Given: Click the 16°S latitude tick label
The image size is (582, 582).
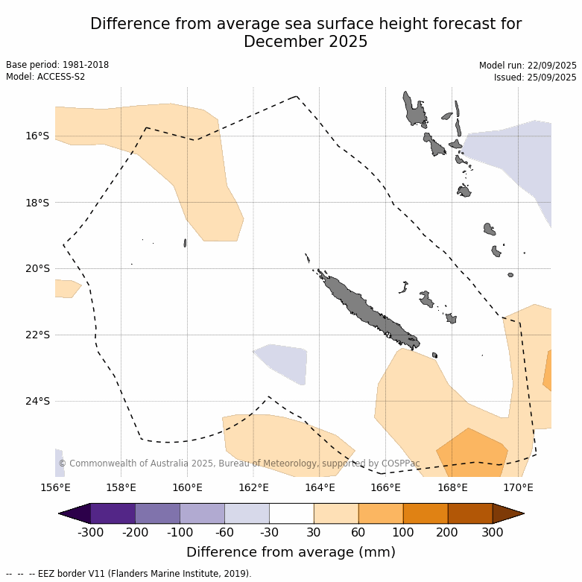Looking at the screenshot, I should pyautogui.click(x=37, y=136).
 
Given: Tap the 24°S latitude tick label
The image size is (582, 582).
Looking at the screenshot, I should pyautogui.click(x=37, y=401).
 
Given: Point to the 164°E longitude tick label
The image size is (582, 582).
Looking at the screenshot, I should pyautogui.click(x=320, y=488).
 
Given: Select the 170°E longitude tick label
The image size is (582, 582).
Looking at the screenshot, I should pyautogui.click(x=518, y=488).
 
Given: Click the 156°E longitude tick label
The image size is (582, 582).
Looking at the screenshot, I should pyautogui.click(x=55, y=488).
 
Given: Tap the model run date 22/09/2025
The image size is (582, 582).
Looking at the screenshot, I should pyautogui.click(x=550, y=66).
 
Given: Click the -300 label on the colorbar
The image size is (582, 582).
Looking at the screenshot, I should pyautogui.click(x=90, y=532).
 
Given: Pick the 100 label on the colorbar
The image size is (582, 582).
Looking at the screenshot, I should pyautogui.click(x=403, y=532).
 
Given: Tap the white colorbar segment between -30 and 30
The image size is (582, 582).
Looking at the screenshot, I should pyautogui.click(x=291, y=513).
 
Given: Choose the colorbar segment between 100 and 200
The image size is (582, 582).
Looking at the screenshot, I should pyautogui.click(x=426, y=513).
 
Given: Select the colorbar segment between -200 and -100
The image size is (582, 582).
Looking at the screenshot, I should pyautogui.click(x=157, y=513).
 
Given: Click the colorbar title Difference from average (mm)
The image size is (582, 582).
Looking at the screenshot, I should pyautogui.click(x=291, y=552).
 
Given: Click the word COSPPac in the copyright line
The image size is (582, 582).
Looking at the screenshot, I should pyautogui.click(x=421, y=464).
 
